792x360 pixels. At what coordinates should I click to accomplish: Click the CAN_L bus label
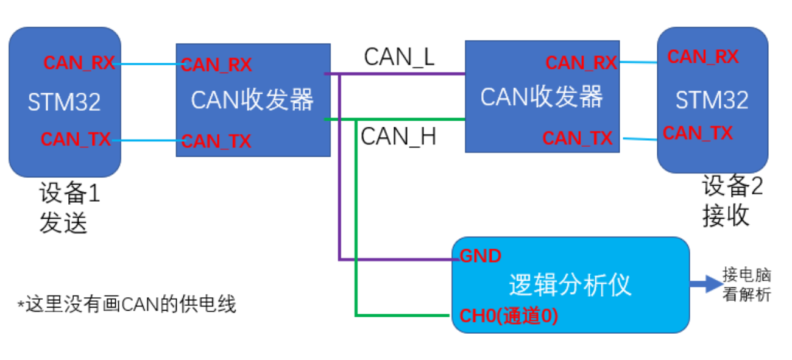[399, 57]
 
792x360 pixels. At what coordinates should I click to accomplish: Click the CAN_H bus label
[398, 136]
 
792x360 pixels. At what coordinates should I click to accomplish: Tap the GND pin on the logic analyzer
[480, 256]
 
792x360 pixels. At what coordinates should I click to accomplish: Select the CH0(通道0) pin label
[509, 316]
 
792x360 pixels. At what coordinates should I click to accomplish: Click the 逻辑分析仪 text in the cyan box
[570, 285]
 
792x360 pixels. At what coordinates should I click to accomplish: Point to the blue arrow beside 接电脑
[705, 284]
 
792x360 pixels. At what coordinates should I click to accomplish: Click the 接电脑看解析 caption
[747, 284]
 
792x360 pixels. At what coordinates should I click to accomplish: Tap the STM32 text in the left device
[64, 102]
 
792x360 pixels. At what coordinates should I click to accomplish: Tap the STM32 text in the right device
[712, 100]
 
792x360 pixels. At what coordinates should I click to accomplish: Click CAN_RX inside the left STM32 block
[79, 63]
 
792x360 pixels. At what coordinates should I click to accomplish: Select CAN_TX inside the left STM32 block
[76, 139]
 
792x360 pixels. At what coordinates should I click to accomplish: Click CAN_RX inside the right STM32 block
[702, 57]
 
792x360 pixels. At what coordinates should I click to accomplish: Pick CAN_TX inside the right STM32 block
[698, 133]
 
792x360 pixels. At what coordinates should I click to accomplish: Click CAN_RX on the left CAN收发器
[216, 65]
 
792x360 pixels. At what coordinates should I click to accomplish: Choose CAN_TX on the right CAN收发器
[578, 138]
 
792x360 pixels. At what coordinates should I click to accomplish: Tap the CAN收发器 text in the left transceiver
[252, 100]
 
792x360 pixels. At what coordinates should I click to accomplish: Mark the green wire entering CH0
[402, 316]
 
